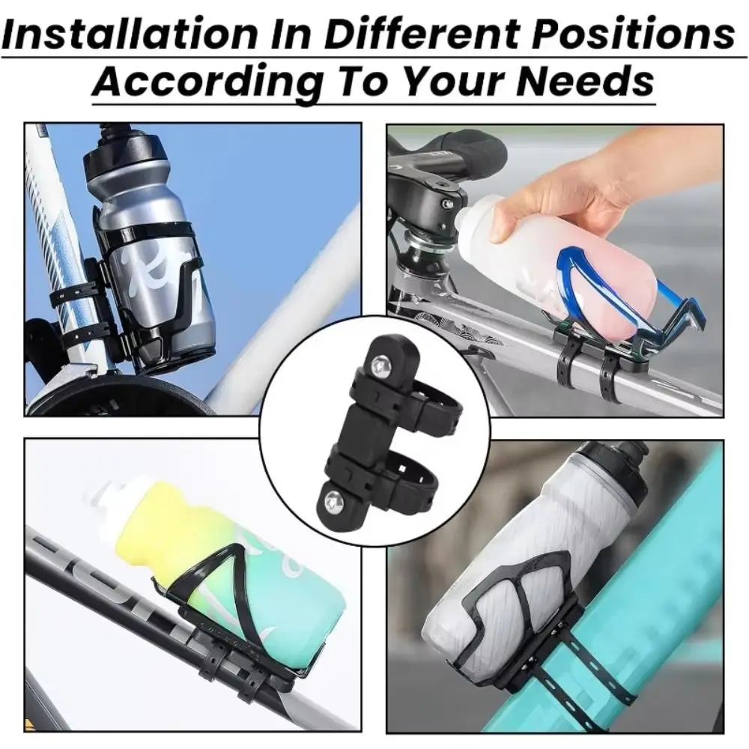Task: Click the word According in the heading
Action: coord(207,81)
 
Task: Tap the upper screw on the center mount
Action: coord(380,366)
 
